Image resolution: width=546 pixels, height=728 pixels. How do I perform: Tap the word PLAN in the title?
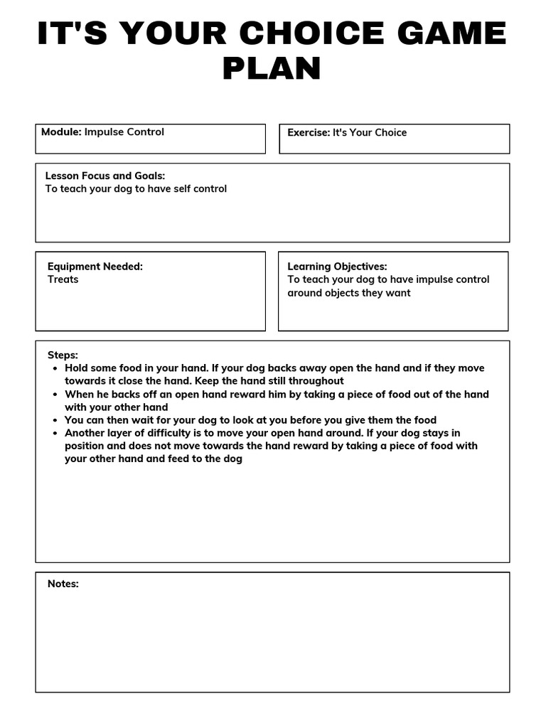click(272, 69)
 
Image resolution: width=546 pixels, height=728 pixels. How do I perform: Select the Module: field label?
click(61, 132)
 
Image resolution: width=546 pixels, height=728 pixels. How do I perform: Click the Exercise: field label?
click(309, 133)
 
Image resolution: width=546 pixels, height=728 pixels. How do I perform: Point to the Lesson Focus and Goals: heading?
click(105, 176)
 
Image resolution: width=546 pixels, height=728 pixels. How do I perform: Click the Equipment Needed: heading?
click(95, 267)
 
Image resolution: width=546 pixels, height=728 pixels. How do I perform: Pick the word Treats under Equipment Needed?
click(63, 279)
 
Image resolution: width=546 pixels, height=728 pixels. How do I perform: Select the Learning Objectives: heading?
click(337, 267)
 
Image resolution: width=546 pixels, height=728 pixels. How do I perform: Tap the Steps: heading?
click(63, 355)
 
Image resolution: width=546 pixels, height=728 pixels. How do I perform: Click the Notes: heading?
click(63, 584)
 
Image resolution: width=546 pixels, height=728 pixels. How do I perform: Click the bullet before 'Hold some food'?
click(55, 368)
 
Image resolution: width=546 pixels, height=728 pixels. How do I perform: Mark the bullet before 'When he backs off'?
click(55, 395)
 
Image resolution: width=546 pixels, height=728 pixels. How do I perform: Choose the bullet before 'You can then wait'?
click(55, 420)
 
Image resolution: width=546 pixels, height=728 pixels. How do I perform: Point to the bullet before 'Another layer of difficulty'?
click(55, 433)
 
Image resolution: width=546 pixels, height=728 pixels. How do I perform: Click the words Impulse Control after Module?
click(124, 132)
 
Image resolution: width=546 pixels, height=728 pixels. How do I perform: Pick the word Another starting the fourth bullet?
click(85, 433)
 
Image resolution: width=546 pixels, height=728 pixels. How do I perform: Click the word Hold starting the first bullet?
click(77, 368)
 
